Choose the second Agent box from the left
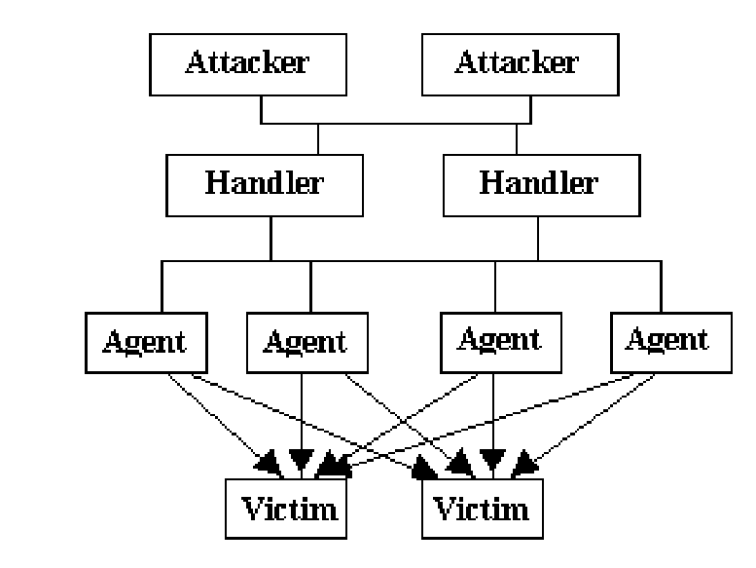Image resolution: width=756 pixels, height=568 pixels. (x=305, y=342)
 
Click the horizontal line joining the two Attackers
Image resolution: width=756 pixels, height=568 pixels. (x=389, y=124)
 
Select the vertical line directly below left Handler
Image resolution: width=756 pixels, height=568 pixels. (x=270, y=239)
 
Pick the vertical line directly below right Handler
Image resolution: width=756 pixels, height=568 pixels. (x=537, y=239)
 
